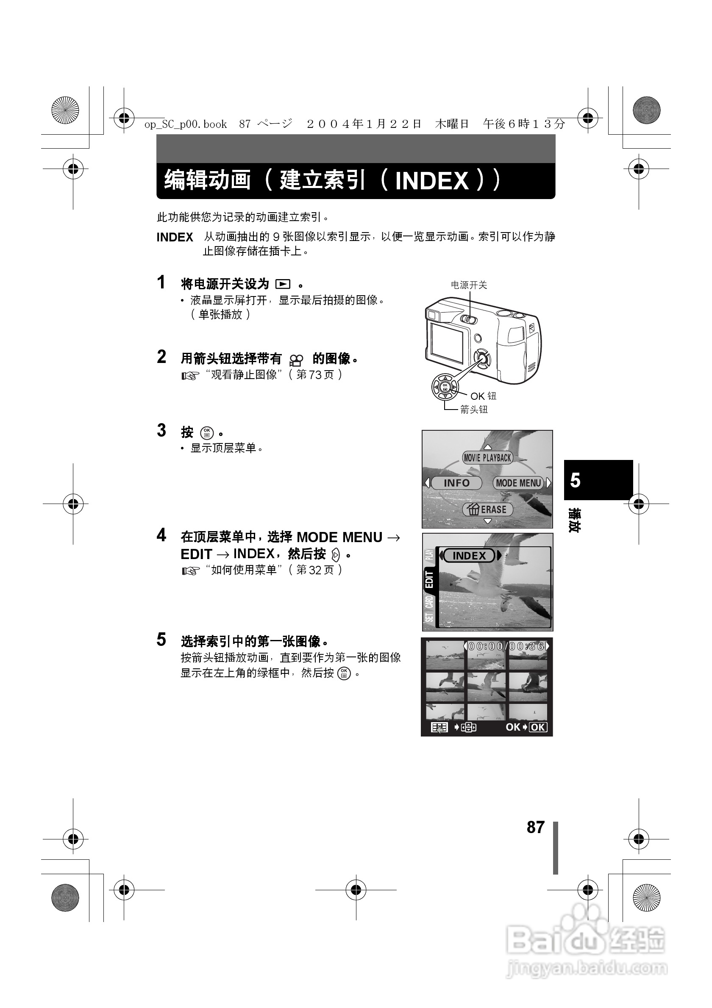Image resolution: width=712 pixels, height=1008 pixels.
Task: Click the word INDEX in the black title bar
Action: [432, 181]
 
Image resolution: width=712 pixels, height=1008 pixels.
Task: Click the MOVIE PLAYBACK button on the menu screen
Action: [487, 458]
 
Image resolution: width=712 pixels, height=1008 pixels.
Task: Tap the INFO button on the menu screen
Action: [456, 483]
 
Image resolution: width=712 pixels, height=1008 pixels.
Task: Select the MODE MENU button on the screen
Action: [518, 483]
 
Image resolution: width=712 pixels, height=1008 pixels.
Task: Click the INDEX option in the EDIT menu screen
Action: [469, 556]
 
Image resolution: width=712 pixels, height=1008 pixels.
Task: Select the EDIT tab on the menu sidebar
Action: [429, 579]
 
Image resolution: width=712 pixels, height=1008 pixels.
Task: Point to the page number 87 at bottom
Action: [535, 827]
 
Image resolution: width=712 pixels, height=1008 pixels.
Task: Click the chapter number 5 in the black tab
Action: [575, 480]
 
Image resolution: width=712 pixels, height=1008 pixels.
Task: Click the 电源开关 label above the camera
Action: [469, 285]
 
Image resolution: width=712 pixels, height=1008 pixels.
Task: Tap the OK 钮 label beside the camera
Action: [483, 396]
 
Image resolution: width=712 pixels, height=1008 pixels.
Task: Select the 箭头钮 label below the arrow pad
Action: [474, 410]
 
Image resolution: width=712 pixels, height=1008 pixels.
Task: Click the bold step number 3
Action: [161, 430]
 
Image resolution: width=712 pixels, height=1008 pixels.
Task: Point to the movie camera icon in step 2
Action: [297, 360]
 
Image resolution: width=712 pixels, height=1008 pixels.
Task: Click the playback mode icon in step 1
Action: [283, 285]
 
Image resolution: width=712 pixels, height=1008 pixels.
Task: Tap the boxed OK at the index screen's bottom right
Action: [538, 728]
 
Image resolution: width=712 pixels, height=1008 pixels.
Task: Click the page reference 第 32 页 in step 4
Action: [315, 570]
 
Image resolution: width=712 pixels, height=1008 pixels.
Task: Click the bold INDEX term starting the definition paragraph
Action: [175, 238]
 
